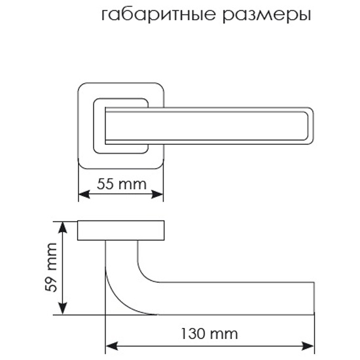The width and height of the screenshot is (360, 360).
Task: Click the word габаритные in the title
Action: point(158,15)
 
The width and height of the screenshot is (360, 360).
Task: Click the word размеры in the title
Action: point(267,16)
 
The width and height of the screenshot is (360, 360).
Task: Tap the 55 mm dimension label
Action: point(122,184)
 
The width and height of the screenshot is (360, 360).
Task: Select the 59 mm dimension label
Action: point(51,267)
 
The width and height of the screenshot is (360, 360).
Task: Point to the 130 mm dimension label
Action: point(209,334)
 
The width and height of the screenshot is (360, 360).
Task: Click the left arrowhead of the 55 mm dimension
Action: point(84,194)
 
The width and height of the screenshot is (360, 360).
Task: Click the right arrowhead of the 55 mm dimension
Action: point(158,194)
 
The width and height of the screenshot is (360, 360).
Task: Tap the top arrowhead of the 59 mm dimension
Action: point(63,228)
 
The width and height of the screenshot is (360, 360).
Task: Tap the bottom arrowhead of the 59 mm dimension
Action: point(63,309)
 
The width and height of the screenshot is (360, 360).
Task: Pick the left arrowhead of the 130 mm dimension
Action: point(111,346)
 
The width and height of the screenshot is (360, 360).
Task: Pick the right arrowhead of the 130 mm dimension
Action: point(308,346)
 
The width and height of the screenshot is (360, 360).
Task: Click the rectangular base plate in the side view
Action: point(121,230)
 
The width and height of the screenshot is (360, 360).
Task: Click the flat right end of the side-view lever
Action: point(314,298)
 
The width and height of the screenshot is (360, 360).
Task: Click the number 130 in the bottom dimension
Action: point(192,334)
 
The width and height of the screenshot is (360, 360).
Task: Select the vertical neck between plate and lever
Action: point(121,253)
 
